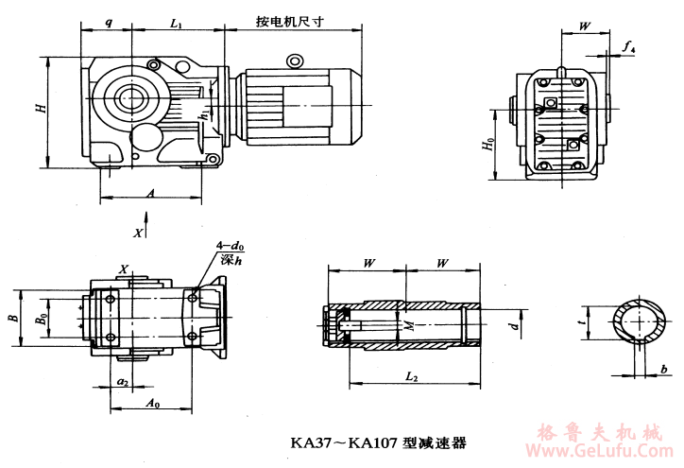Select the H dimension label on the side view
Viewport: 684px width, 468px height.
[41, 110]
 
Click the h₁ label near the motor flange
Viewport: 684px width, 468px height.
[203, 114]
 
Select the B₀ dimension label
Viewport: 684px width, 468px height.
[42, 320]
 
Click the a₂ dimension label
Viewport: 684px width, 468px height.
[123, 380]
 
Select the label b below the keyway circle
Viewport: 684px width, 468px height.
[664, 367]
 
